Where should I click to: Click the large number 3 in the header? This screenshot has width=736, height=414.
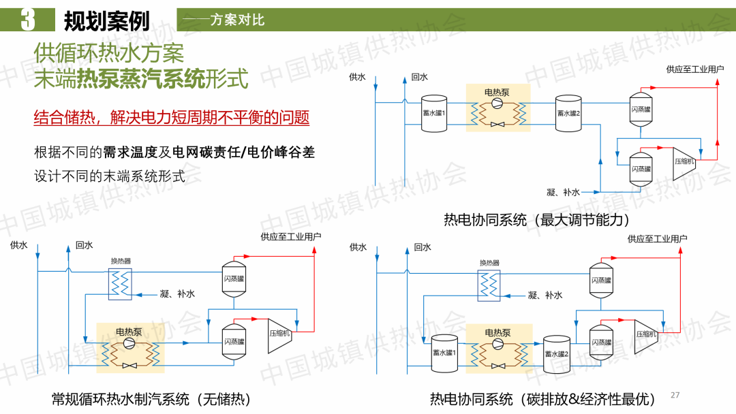point(27,20)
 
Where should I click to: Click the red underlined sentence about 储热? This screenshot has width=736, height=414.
point(172,117)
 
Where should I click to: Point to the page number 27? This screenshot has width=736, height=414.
point(675,395)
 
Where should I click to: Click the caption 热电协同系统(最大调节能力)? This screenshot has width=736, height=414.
point(536,219)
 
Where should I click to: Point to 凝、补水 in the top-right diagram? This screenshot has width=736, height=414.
point(563,192)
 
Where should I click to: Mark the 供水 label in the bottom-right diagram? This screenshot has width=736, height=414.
point(358,247)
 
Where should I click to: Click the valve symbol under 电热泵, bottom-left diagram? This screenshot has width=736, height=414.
point(129,366)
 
